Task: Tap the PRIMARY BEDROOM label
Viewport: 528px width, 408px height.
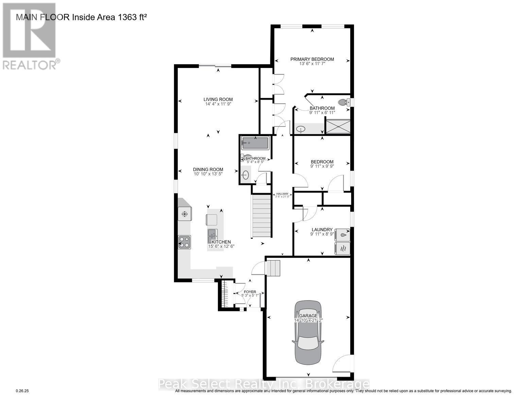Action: pyautogui.click(x=312, y=59)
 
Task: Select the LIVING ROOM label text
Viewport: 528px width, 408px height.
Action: pyautogui.click(x=218, y=99)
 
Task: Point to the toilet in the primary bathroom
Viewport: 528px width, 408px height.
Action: pyautogui.click(x=344, y=102)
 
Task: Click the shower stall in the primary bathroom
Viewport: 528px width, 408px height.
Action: pyautogui.click(x=337, y=126)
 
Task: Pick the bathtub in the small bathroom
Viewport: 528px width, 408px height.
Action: pyautogui.click(x=255, y=143)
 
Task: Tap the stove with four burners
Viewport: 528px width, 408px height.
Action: pyautogui.click(x=185, y=242)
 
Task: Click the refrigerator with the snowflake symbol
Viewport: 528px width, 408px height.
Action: pyautogui.click(x=185, y=214)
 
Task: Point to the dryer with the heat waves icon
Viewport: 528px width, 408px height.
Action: pyautogui.click(x=342, y=248)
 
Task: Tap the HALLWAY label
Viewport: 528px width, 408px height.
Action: pyautogui.click(x=282, y=193)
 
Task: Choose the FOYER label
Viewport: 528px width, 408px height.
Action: pyautogui.click(x=250, y=292)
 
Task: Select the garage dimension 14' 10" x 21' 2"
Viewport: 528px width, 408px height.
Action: pyautogui.click(x=308, y=320)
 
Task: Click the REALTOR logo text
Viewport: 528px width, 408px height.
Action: pyautogui.click(x=30, y=64)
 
